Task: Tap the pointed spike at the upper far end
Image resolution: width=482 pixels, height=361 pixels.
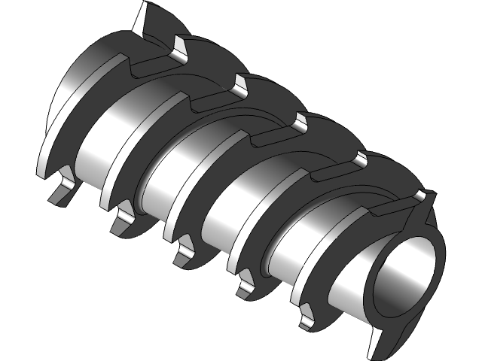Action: tap(144, 19)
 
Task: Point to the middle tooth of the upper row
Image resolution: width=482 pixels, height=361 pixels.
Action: tap(301, 120)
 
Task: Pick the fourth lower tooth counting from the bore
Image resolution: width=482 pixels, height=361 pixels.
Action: tap(120, 220)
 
